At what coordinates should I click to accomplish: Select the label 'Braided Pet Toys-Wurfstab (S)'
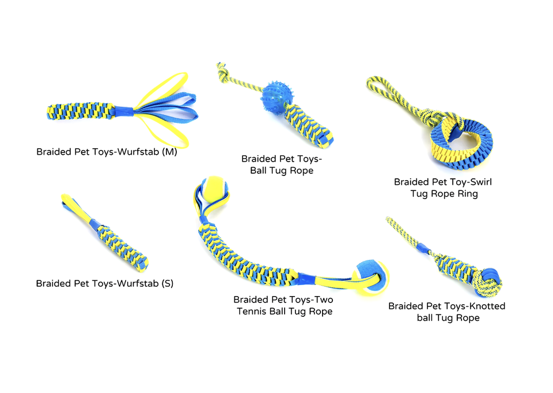[104, 283]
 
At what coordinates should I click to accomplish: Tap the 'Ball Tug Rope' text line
[281, 170]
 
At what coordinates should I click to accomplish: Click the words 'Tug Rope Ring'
[444, 194]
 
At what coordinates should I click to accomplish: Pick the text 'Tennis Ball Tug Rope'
[284, 312]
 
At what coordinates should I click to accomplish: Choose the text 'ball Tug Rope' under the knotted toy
[448, 318]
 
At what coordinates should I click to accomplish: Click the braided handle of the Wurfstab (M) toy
[84, 110]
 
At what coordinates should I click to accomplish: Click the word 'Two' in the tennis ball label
[321, 300]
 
